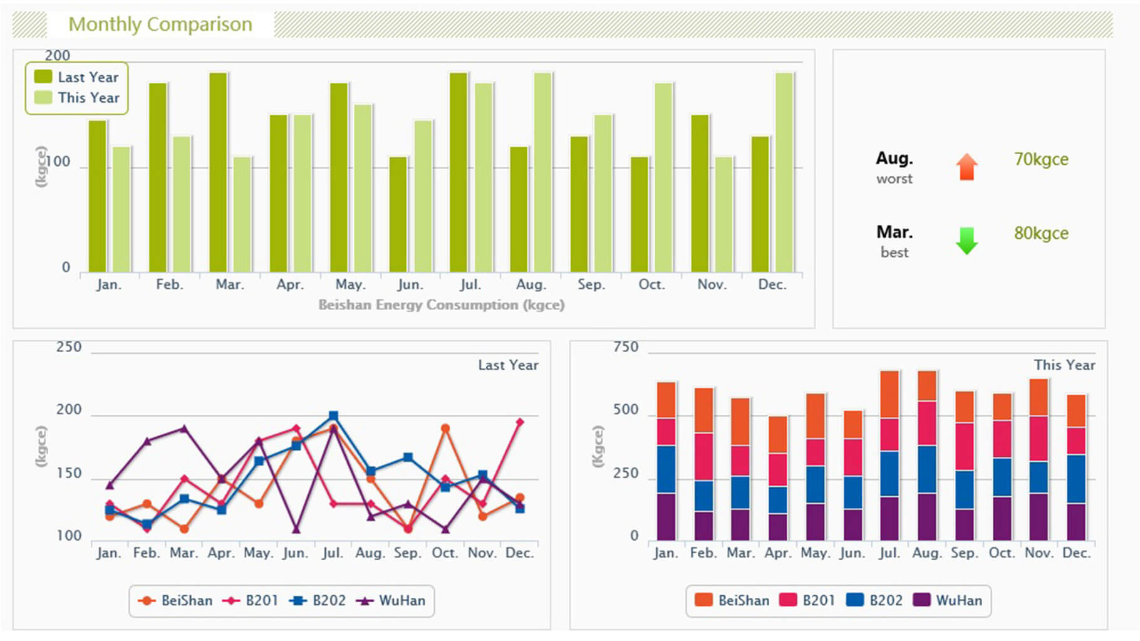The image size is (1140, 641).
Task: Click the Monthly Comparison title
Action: click(x=160, y=24)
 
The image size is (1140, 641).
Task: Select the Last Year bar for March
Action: click(x=218, y=172)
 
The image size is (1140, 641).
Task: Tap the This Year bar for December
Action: click(x=784, y=172)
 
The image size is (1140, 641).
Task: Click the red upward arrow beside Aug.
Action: click(x=966, y=167)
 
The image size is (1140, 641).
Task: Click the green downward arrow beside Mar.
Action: click(x=966, y=241)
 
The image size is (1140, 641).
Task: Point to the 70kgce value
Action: click(x=1041, y=159)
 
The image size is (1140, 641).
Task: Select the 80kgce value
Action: click(x=1041, y=233)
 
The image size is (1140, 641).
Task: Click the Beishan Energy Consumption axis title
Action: click(x=441, y=305)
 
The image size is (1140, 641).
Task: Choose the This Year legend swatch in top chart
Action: click(x=43, y=98)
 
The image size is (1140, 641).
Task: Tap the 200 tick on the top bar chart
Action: click(x=57, y=56)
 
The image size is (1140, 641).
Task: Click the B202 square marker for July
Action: click(x=333, y=416)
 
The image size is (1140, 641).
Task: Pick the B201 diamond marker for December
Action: click(x=519, y=422)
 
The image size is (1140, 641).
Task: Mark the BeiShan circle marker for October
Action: click(x=445, y=429)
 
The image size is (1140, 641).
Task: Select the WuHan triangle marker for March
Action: click(x=184, y=429)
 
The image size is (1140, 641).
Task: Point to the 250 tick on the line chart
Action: click(x=69, y=347)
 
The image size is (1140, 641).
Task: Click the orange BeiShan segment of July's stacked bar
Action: click(x=889, y=394)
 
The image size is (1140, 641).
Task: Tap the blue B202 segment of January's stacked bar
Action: click(x=666, y=469)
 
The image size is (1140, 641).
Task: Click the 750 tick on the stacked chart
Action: click(x=626, y=347)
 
